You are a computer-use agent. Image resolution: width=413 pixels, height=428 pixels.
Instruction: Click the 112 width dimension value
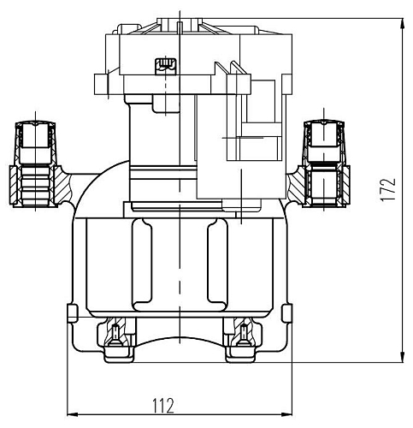click(x=163, y=406)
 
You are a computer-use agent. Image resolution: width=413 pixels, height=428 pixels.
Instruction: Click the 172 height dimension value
click(x=388, y=190)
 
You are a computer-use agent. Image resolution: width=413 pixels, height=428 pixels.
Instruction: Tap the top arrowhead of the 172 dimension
click(x=403, y=23)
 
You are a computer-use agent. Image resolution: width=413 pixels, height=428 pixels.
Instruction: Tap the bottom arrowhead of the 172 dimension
click(x=403, y=357)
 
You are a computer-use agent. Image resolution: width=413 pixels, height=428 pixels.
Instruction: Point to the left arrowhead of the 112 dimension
click(x=72, y=414)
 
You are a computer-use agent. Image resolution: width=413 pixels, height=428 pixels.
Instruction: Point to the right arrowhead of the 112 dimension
click(x=286, y=414)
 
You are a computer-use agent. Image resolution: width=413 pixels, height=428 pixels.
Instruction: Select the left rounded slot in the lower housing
click(x=142, y=265)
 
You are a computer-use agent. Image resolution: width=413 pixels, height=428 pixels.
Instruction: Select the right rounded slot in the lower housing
click(x=218, y=265)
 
